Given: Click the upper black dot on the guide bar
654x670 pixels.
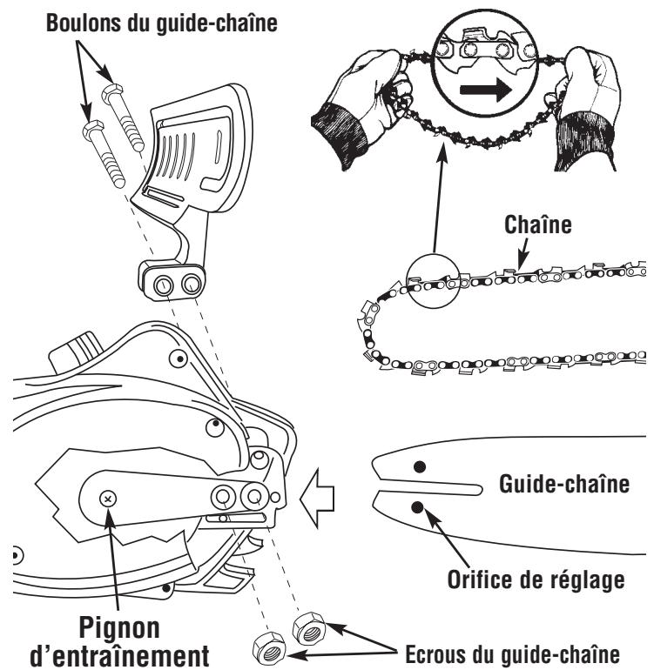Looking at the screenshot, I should coord(420,467).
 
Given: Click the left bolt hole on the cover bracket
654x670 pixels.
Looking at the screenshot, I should coord(162,284).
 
